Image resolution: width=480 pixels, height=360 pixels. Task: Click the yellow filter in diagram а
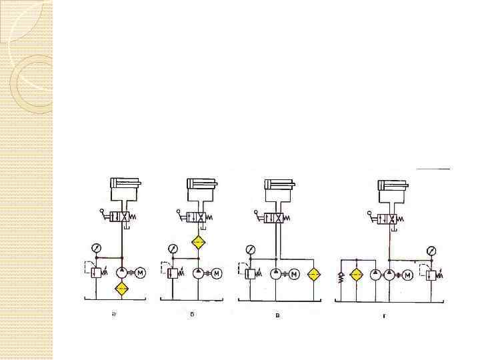[121, 289]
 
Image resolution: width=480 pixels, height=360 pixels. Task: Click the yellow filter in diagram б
[198, 243]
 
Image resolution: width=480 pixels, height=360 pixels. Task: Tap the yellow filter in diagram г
[356, 274]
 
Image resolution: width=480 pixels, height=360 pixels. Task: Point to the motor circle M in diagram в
[294, 274]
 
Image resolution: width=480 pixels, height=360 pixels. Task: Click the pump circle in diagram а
[121, 272]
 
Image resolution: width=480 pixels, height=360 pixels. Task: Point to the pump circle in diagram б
[198, 273]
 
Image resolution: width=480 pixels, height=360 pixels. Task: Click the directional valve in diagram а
[120, 218]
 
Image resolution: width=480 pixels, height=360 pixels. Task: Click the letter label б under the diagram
[191, 315]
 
